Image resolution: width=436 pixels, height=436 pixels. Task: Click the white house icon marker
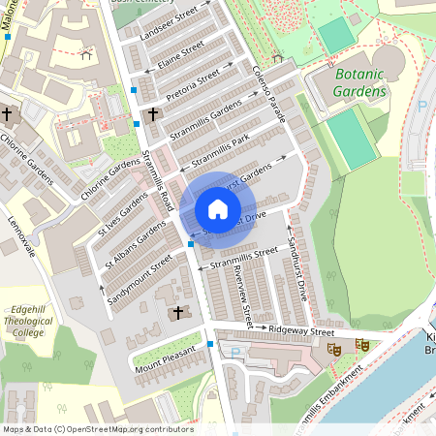pyautogui.click(x=218, y=209)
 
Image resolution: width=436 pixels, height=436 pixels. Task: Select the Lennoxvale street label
pyautogui.click(x=21, y=236)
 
